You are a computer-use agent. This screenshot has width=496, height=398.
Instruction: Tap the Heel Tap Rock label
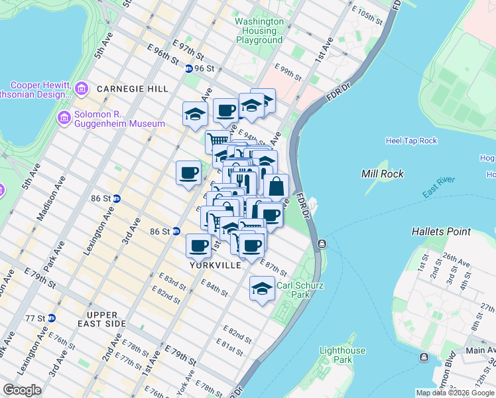click(411, 141)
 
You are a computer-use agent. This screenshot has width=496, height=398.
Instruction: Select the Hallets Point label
click(441, 232)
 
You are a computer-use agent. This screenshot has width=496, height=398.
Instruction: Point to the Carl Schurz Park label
click(293, 290)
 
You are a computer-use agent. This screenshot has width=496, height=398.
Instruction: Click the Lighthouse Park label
click(342, 355)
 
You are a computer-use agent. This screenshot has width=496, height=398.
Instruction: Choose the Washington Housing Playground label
click(259, 31)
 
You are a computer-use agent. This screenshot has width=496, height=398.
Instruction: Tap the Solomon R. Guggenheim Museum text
click(119, 124)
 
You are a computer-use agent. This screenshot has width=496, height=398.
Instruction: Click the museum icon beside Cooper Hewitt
click(82, 88)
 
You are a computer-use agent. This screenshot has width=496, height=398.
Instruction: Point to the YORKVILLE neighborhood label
click(215, 265)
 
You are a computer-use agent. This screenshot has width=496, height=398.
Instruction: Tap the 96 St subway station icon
click(188, 68)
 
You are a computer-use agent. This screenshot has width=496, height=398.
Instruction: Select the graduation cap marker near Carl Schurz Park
click(263, 289)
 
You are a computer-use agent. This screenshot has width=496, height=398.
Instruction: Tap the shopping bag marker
click(276, 186)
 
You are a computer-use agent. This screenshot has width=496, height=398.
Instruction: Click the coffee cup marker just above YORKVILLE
click(199, 246)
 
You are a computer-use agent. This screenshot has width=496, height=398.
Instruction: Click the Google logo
click(23, 390)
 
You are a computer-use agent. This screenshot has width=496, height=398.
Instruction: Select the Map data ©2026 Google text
click(455, 393)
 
